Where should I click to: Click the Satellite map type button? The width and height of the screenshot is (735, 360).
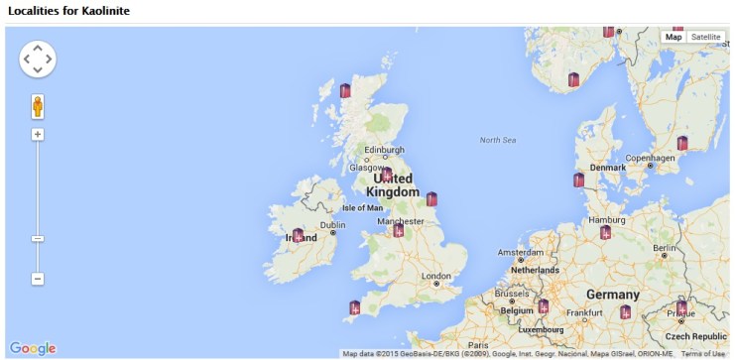[x=706, y=37]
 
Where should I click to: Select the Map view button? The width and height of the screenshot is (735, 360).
[x=674, y=37]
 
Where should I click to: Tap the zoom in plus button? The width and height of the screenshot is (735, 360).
[x=38, y=134]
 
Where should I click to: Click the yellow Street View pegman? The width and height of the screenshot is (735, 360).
[x=38, y=106]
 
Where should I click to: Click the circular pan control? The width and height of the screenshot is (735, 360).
[x=38, y=60]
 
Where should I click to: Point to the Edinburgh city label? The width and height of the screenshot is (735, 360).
[x=384, y=151]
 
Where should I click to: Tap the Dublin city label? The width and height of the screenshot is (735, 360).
[x=332, y=225]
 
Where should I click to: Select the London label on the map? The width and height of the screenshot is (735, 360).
[x=436, y=276]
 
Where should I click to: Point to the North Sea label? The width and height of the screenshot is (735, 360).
[x=497, y=140]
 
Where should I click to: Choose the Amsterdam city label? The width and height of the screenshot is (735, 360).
[x=520, y=252]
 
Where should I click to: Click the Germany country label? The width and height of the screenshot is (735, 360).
[x=612, y=295]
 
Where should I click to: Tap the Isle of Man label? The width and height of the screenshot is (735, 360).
[x=362, y=208]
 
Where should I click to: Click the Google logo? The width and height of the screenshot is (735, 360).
[x=33, y=348]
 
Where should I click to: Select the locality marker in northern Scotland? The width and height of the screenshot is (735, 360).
[x=345, y=90]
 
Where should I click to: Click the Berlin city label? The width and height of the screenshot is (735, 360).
[x=664, y=248]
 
